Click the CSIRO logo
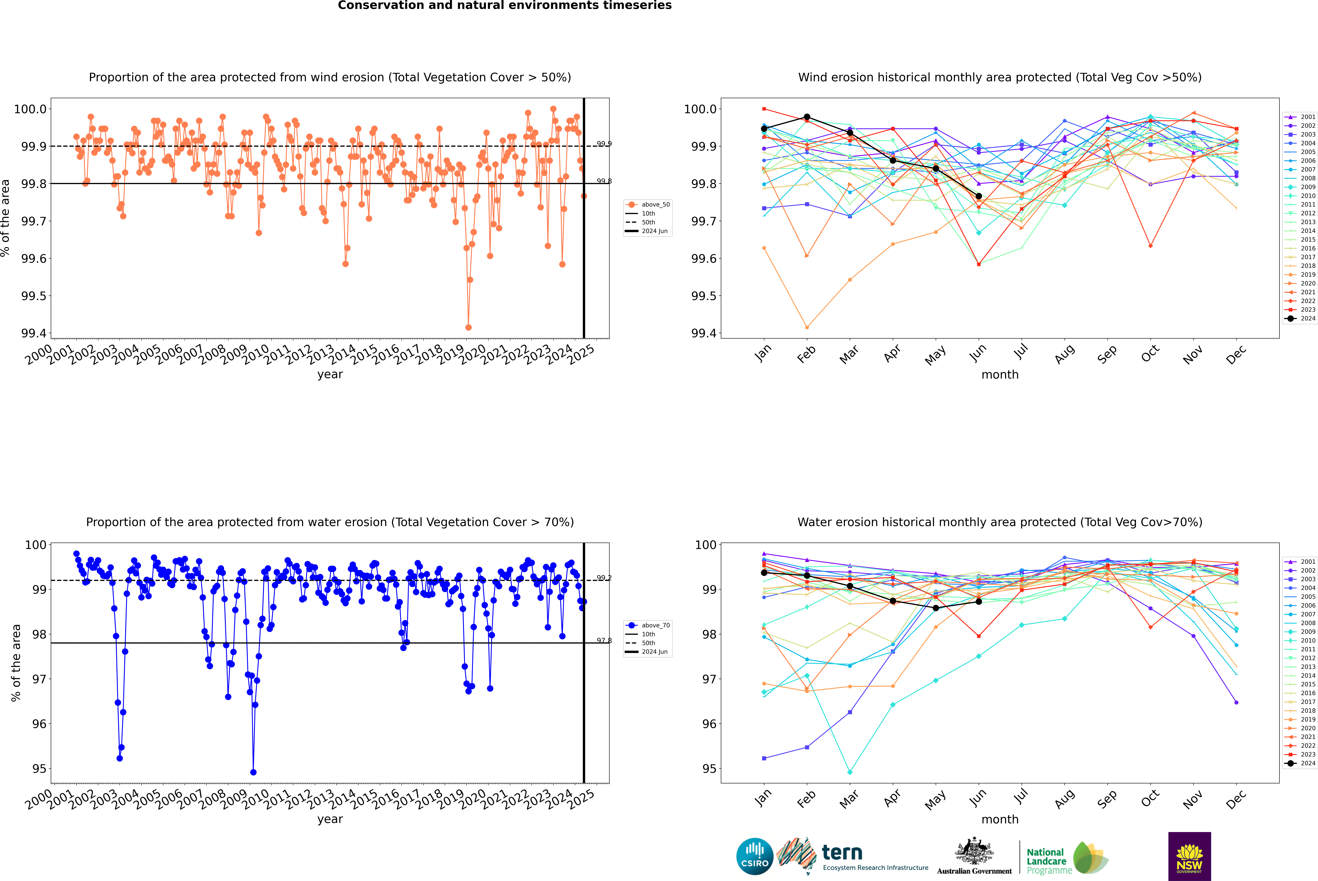click(755, 856)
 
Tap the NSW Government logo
click(1189, 856)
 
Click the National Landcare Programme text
click(1046, 861)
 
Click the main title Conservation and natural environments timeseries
click(504, 6)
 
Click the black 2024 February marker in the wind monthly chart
click(807, 117)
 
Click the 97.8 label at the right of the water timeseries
click(604, 640)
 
